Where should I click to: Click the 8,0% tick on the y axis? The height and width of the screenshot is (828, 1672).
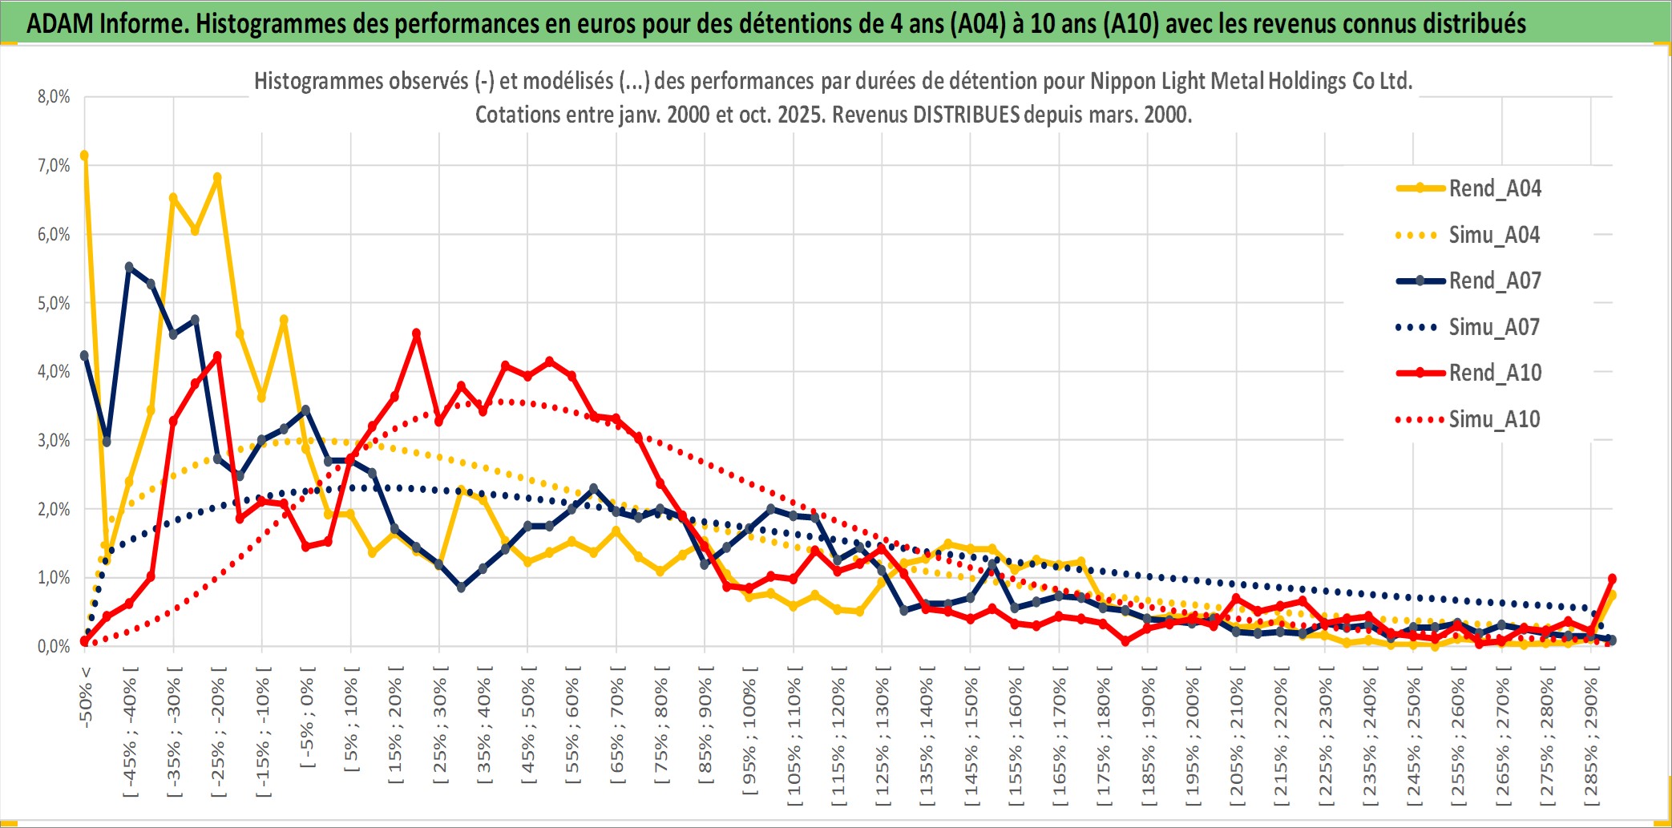54,97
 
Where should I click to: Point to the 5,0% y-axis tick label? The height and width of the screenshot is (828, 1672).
54,303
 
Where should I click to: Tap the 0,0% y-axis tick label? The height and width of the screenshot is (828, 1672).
54,646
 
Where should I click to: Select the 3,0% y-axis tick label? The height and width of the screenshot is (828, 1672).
54,440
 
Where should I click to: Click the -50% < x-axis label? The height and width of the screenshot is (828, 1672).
86,697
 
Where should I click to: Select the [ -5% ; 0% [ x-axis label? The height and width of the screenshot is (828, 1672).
307,717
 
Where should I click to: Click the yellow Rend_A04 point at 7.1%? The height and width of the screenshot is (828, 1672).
84,156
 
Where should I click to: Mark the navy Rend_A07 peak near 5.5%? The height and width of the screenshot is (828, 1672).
129,267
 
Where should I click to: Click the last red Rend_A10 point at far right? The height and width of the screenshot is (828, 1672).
1612,578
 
